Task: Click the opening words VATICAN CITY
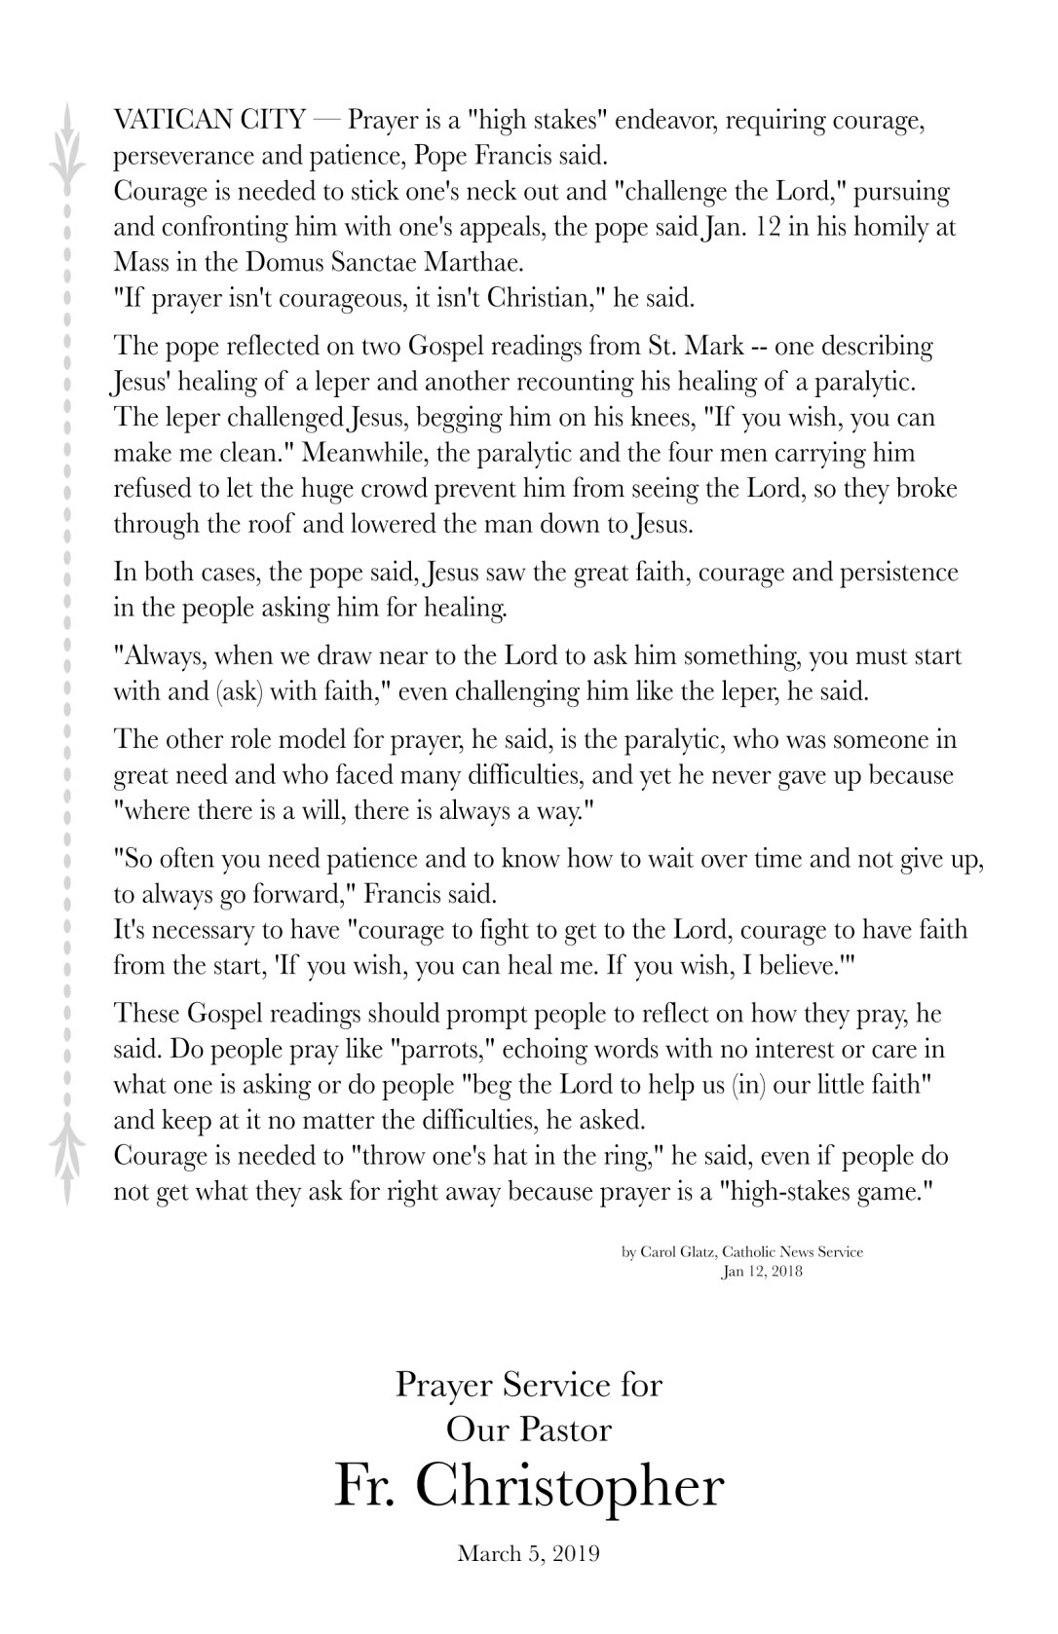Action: coord(208,121)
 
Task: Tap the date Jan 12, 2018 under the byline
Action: coord(762,1271)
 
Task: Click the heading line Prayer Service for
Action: coord(529,1384)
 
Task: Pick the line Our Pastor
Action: coord(529,1430)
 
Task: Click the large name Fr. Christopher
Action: coord(529,1486)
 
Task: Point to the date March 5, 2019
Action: coord(529,1553)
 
